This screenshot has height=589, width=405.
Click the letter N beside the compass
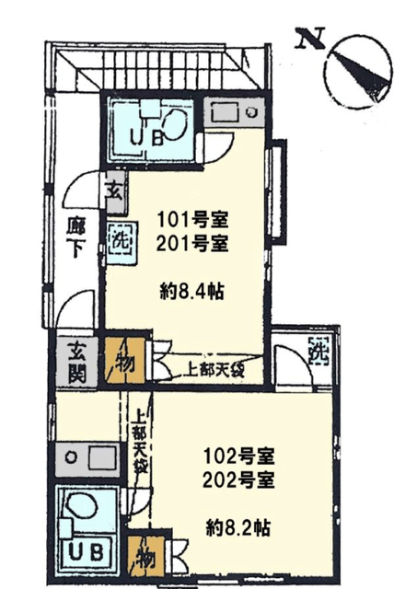click(x=310, y=39)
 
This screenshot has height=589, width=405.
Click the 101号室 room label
click(x=192, y=220)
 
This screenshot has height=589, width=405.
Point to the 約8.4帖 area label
click(x=192, y=292)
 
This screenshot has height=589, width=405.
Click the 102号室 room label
click(x=239, y=456)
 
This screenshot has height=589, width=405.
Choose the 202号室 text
click(x=239, y=480)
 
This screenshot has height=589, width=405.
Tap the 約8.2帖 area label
click(x=238, y=527)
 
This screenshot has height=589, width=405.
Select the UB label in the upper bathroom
click(x=146, y=138)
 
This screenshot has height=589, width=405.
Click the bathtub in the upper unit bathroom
click(x=174, y=123)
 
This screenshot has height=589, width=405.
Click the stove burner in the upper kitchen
click(x=250, y=111)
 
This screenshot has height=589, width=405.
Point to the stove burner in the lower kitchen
click(x=71, y=457)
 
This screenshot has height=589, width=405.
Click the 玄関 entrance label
click(x=77, y=362)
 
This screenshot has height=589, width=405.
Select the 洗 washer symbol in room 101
click(x=121, y=240)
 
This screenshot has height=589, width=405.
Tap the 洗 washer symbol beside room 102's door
click(x=318, y=350)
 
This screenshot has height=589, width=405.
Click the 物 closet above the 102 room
click(x=125, y=361)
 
